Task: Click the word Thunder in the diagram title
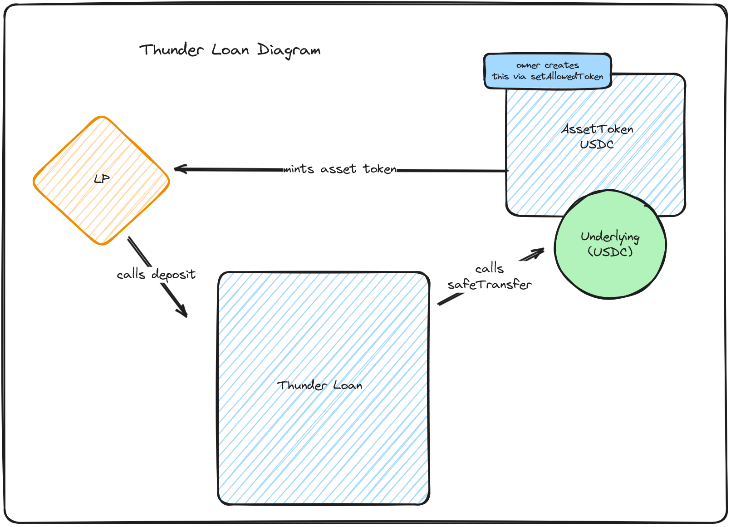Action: pyautogui.click(x=172, y=49)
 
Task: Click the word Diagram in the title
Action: pyautogui.click(x=289, y=50)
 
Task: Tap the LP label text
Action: pyautogui.click(x=102, y=179)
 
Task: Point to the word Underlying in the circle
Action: pyautogui.click(x=610, y=236)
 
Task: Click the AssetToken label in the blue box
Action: pyautogui.click(x=597, y=129)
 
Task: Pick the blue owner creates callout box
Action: pyautogui.click(x=547, y=71)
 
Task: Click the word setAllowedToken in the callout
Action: pyautogui.click(x=567, y=77)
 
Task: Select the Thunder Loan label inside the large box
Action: pyautogui.click(x=319, y=385)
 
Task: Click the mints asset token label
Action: pyautogui.click(x=340, y=169)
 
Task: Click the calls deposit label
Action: pyautogui.click(x=156, y=275)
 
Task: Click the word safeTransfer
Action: pyautogui.click(x=489, y=285)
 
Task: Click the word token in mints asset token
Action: pyautogui.click(x=380, y=169)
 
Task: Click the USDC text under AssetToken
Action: pyautogui.click(x=597, y=144)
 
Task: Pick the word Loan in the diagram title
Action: pyautogui.click(x=230, y=49)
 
